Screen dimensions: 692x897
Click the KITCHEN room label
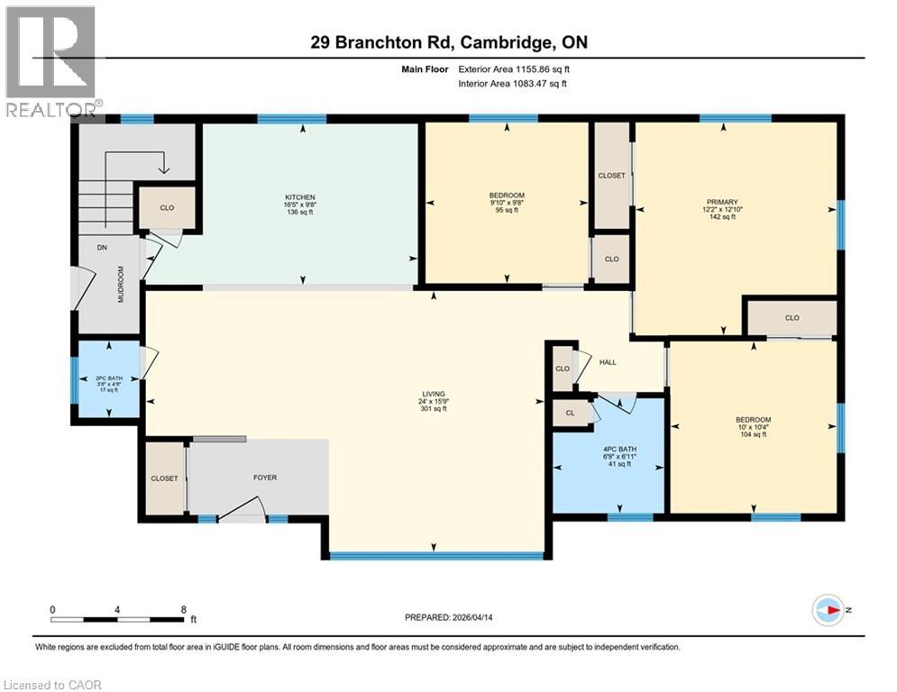tap(298, 196)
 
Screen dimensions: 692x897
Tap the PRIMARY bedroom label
tap(722, 202)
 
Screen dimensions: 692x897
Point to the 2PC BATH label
tap(107, 378)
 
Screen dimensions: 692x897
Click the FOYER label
tap(264, 478)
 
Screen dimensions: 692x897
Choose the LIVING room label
tap(434, 394)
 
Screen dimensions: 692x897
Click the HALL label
tap(608, 362)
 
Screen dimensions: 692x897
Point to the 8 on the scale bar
tap(184, 609)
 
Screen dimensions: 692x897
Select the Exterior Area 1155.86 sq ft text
tap(514, 68)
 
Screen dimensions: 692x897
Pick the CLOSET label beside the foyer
tap(164, 478)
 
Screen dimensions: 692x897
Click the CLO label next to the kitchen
tap(167, 207)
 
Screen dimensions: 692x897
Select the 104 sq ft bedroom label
tap(753, 434)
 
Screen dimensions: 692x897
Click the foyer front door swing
tap(243, 512)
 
